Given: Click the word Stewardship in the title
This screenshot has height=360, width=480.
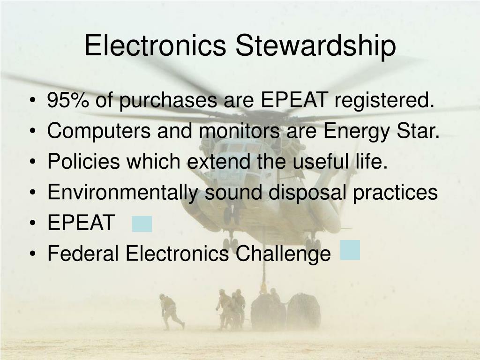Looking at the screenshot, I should pos(315,46).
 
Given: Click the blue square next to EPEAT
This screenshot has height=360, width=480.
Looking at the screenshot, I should pos(142,224).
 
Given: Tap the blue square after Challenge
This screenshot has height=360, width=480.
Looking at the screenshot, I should pos(350,250).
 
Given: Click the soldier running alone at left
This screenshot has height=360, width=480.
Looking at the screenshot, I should pos(170,311).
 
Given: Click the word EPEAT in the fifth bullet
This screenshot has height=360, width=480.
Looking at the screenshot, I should pos(81,223).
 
